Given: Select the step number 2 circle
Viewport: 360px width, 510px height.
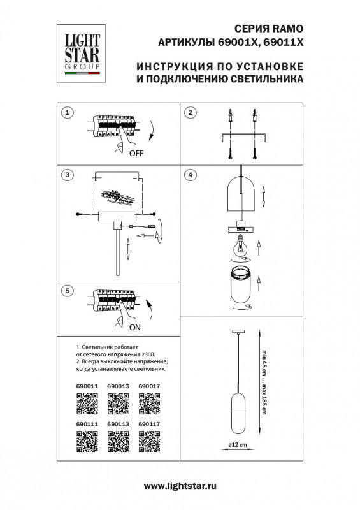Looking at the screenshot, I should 189,113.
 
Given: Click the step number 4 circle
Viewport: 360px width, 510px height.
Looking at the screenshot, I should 189,175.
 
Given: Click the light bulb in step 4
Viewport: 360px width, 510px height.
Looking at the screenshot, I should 241,246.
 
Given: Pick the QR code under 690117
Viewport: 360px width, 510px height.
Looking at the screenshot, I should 148,441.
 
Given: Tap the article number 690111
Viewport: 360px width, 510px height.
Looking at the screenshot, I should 87,423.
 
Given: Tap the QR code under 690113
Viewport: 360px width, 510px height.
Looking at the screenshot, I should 117,441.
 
